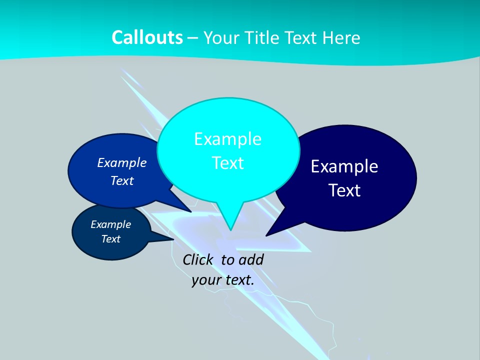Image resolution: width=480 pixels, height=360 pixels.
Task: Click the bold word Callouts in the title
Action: point(147,37)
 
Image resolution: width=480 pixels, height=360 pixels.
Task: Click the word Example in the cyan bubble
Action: point(227,139)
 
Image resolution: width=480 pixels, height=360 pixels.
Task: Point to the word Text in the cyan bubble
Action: point(227,163)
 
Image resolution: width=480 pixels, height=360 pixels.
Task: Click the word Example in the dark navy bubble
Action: point(344,166)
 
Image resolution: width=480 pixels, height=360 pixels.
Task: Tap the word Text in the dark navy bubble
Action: point(344,190)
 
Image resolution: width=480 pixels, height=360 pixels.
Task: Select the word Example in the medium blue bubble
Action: point(122,162)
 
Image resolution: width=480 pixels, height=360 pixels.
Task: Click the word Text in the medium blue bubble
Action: point(122,180)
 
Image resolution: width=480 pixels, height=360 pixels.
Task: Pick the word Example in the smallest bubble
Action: point(110,224)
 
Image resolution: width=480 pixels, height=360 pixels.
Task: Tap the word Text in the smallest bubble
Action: point(110,239)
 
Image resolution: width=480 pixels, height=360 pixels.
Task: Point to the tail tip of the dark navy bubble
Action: point(267,234)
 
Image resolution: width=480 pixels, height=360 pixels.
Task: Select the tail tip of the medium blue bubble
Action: point(190,211)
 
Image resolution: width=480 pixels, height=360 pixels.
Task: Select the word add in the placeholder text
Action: point(251,259)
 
